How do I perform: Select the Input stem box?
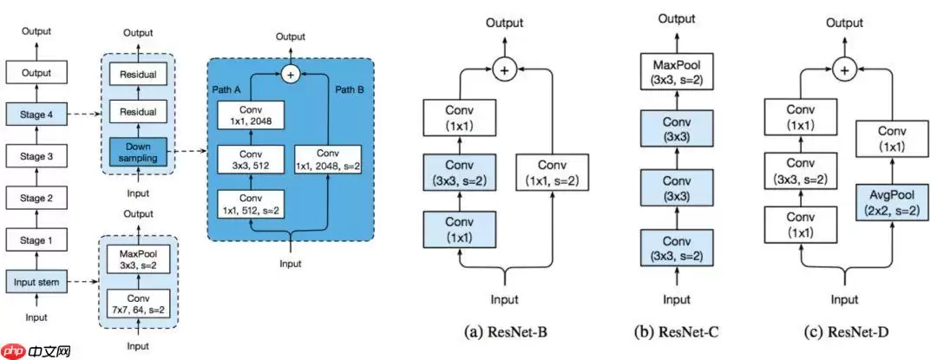[x=36, y=280]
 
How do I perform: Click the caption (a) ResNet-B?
[x=504, y=331]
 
